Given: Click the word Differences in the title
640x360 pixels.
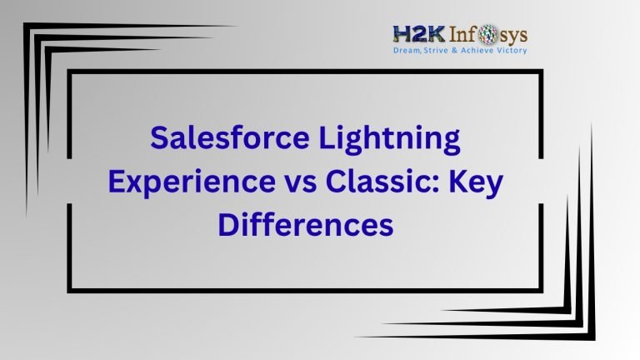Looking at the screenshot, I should point(305,225).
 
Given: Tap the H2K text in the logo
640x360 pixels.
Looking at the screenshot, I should point(414,35).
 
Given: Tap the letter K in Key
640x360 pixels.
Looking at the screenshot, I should point(463,182).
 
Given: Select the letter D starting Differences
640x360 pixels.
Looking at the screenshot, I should point(228,224).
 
